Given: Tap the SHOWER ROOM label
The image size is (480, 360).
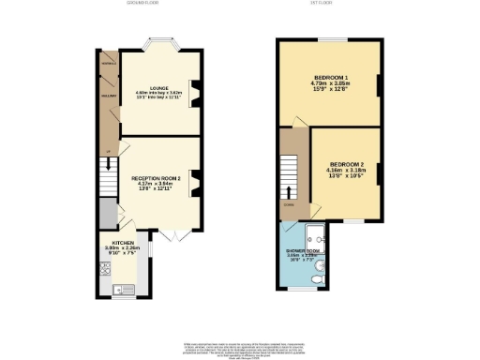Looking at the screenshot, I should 303,252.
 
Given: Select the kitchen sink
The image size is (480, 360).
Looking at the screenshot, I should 118,289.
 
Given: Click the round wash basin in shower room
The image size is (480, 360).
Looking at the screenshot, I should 321,265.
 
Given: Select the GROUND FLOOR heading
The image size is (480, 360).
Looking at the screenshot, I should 142,4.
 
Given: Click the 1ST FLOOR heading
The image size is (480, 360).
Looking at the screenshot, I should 331,4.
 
